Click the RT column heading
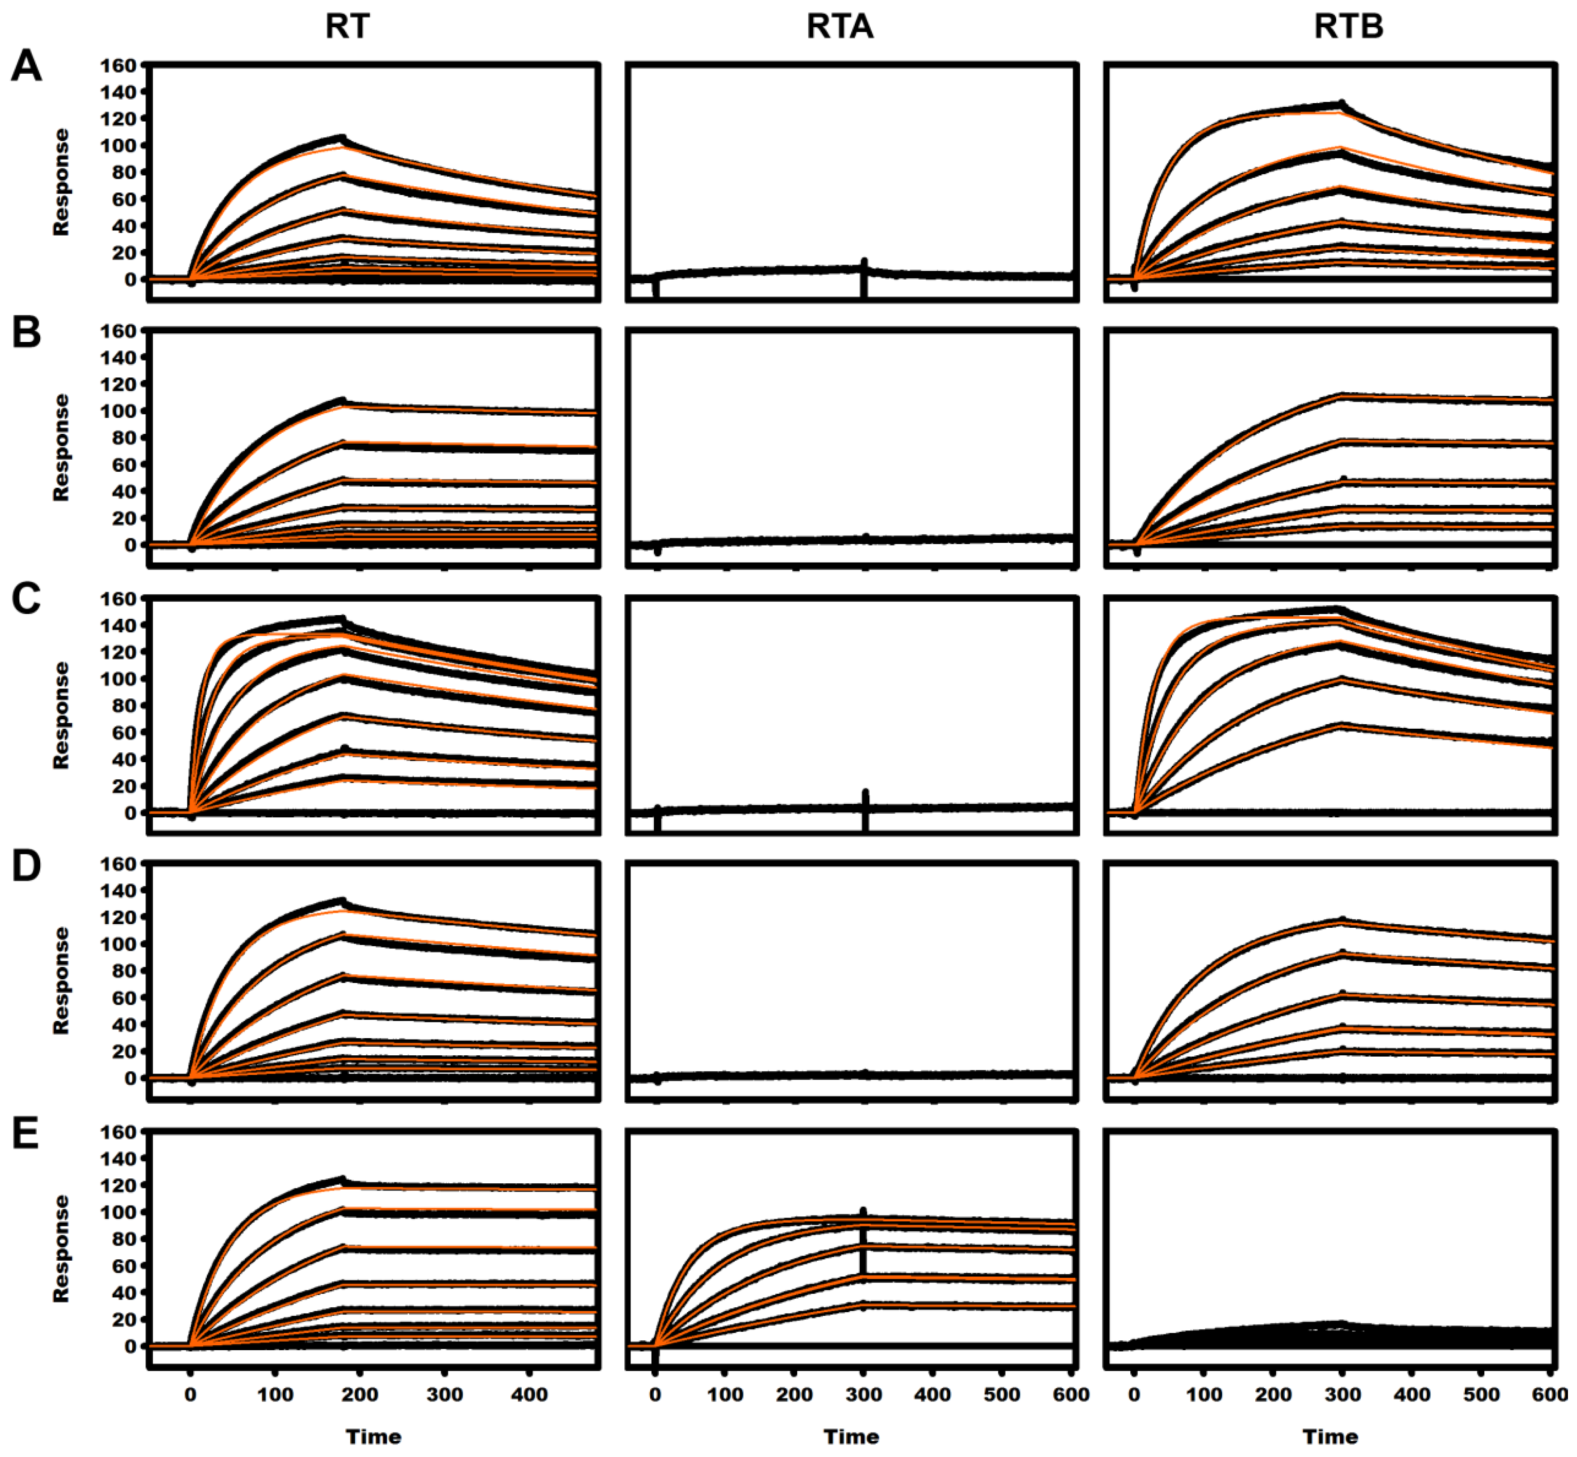pos(347,27)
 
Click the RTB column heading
pos(1348,27)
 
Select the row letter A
pos(26,66)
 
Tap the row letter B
pos(26,333)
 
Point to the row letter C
pos(26,599)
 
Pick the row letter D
pos(26,866)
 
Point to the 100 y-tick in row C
pos(118,679)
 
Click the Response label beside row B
pos(61,448)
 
